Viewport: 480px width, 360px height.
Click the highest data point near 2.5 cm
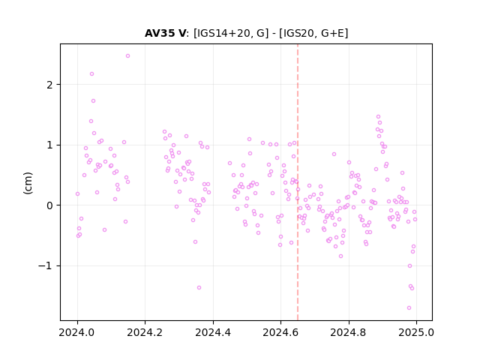(x=127, y=56)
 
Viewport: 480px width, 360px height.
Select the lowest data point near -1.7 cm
(x=409, y=308)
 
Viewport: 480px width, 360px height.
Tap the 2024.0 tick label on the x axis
(x=77, y=332)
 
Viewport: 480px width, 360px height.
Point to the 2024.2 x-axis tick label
(x=145, y=332)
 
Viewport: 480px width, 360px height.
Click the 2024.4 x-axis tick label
(x=213, y=332)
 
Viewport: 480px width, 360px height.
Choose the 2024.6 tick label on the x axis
(x=280, y=332)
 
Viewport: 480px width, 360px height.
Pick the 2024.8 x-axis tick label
(x=348, y=332)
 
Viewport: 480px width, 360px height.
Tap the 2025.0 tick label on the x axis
(x=416, y=332)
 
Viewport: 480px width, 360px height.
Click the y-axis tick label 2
(x=50, y=85)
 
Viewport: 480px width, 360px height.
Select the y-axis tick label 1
(x=50, y=145)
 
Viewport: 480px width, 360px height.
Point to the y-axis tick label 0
(x=50, y=205)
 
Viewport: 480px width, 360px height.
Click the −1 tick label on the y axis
(x=46, y=266)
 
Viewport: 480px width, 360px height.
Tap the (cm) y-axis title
(x=28, y=183)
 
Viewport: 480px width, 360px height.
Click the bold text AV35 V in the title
(x=165, y=33)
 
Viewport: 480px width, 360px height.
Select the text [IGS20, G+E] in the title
(x=313, y=33)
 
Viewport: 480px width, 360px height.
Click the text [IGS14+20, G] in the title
(x=231, y=33)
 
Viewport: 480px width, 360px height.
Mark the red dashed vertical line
(x=298, y=182)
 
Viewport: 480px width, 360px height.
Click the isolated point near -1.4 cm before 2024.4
(x=199, y=288)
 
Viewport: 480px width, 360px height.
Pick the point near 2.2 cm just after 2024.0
(x=91, y=74)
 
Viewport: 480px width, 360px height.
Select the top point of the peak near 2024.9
(x=378, y=117)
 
